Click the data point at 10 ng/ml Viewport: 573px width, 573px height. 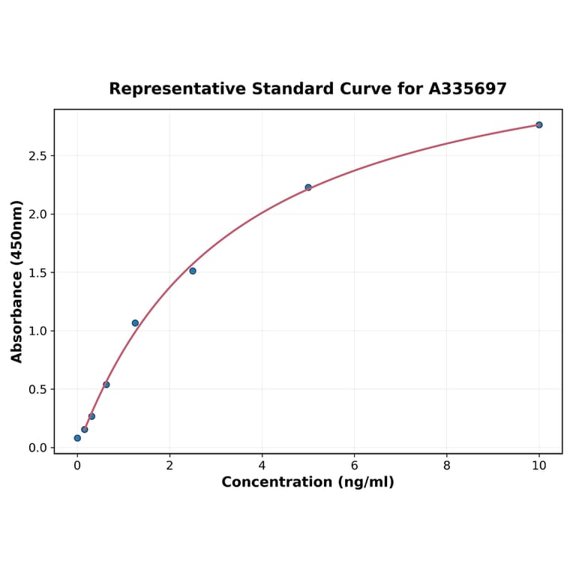(x=538, y=124)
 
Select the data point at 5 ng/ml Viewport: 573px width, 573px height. (x=308, y=187)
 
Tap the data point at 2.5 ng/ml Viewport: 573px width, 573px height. (x=193, y=271)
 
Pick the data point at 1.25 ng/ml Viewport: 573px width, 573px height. (x=135, y=323)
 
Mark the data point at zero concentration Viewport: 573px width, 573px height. (x=77, y=438)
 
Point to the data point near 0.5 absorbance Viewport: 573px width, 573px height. (x=106, y=385)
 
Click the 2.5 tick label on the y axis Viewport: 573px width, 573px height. (x=37, y=156)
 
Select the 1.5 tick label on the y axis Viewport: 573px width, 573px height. (x=37, y=273)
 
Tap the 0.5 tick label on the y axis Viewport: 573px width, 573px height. (x=37, y=389)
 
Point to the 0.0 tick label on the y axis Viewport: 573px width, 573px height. (x=37, y=448)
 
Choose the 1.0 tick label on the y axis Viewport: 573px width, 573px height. (x=37, y=331)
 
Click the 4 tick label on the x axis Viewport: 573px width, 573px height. (x=262, y=465)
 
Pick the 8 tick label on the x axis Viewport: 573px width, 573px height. (x=447, y=465)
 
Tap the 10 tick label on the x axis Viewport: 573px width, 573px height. (x=538, y=465)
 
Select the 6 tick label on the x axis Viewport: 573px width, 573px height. (x=354, y=465)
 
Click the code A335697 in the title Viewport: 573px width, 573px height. (x=467, y=89)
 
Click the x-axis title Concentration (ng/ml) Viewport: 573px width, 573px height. (x=307, y=482)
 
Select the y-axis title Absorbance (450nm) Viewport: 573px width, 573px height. (x=17, y=281)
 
